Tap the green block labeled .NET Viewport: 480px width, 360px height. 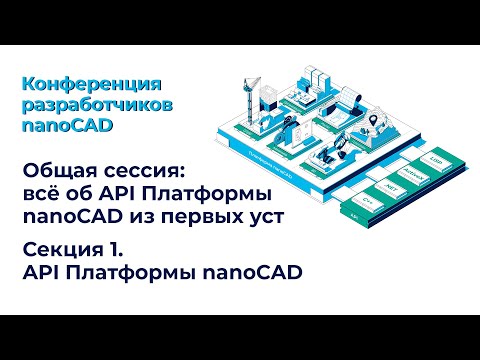393,188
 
